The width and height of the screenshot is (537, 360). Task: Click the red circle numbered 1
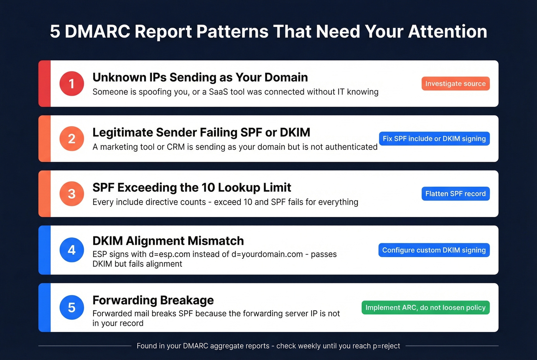coord(72,84)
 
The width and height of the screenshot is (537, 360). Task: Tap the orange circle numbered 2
coord(72,139)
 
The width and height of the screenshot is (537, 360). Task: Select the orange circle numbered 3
coord(72,194)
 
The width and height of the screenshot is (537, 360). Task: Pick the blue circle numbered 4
coord(72,250)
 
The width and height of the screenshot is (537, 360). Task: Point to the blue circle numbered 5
coord(72,307)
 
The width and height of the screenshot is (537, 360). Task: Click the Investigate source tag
coord(455,84)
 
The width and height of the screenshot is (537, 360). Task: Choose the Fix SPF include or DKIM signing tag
coord(434,139)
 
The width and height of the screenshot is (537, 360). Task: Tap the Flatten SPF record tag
coord(455,194)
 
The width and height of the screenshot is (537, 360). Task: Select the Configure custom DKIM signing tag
coord(434,250)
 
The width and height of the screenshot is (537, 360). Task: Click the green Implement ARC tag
coord(425,307)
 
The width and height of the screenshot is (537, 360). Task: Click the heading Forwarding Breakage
coord(153,300)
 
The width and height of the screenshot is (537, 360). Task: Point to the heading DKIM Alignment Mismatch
coord(168,241)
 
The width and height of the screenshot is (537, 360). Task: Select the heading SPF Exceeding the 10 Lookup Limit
coord(192,187)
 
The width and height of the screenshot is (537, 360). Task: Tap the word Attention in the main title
coord(448,31)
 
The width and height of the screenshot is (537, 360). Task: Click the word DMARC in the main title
coord(97,31)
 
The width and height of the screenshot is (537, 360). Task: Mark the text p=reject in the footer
coord(386,346)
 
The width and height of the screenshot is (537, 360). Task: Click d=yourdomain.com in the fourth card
coord(267,254)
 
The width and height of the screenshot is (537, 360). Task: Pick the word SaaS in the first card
coord(218,92)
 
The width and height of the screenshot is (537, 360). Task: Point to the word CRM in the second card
coord(176,147)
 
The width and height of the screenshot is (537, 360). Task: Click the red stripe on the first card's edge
coord(44,84)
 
